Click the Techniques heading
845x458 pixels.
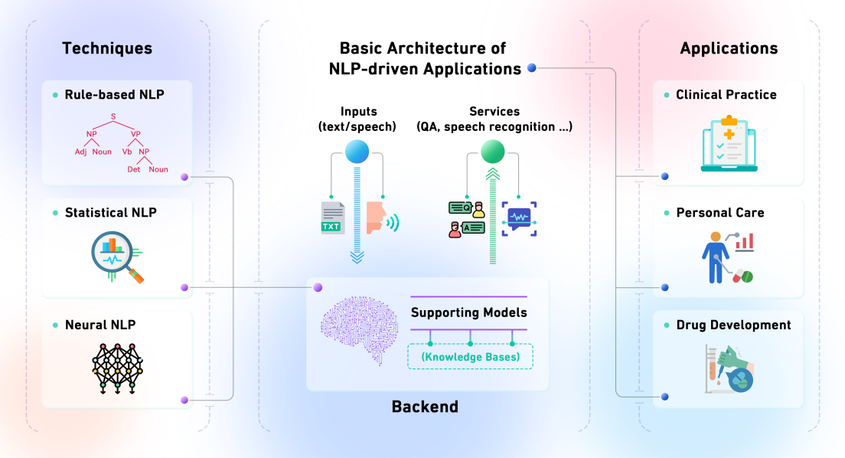tap(107, 48)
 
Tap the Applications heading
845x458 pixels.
tap(729, 48)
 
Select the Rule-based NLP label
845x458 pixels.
tap(114, 95)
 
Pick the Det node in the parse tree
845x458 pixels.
tap(133, 169)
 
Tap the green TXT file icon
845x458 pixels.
tap(332, 218)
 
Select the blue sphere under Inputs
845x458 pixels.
tap(357, 151)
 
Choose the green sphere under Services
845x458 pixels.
tap(493, 151)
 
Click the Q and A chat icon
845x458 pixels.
tap(467, 219)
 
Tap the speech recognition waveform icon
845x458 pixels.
tap(520, 218)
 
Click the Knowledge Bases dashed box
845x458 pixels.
tap(470, 356)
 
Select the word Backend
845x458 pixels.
tap(425, 407)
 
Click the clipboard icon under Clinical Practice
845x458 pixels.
tap(729, 142)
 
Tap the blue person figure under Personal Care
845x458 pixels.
tap(716, 257)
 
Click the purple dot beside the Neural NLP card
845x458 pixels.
tap(184, 400)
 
